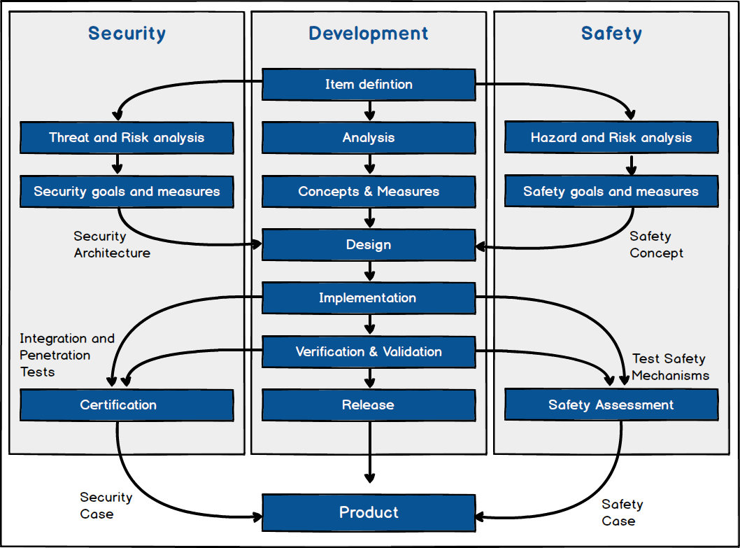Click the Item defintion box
click(369, 85)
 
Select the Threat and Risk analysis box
click(127, 138)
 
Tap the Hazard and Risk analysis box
click(611, 138)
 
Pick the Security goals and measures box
click(127, 191)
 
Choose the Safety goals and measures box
click(611, 191)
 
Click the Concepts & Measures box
click(369, 191)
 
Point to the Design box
click(369, 245)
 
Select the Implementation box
click(369, 298)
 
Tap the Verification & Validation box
click(369, 351)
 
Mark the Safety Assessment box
click(611, 405)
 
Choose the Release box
click(369, 405)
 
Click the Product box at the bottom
click(369, 512)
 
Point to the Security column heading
click(127, 33)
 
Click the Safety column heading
click(611, 33)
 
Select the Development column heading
click(369, 33)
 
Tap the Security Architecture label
click(112, 245)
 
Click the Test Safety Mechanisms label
click(670, 367)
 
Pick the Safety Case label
click(622, 512)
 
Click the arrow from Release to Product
click(369, 451)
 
